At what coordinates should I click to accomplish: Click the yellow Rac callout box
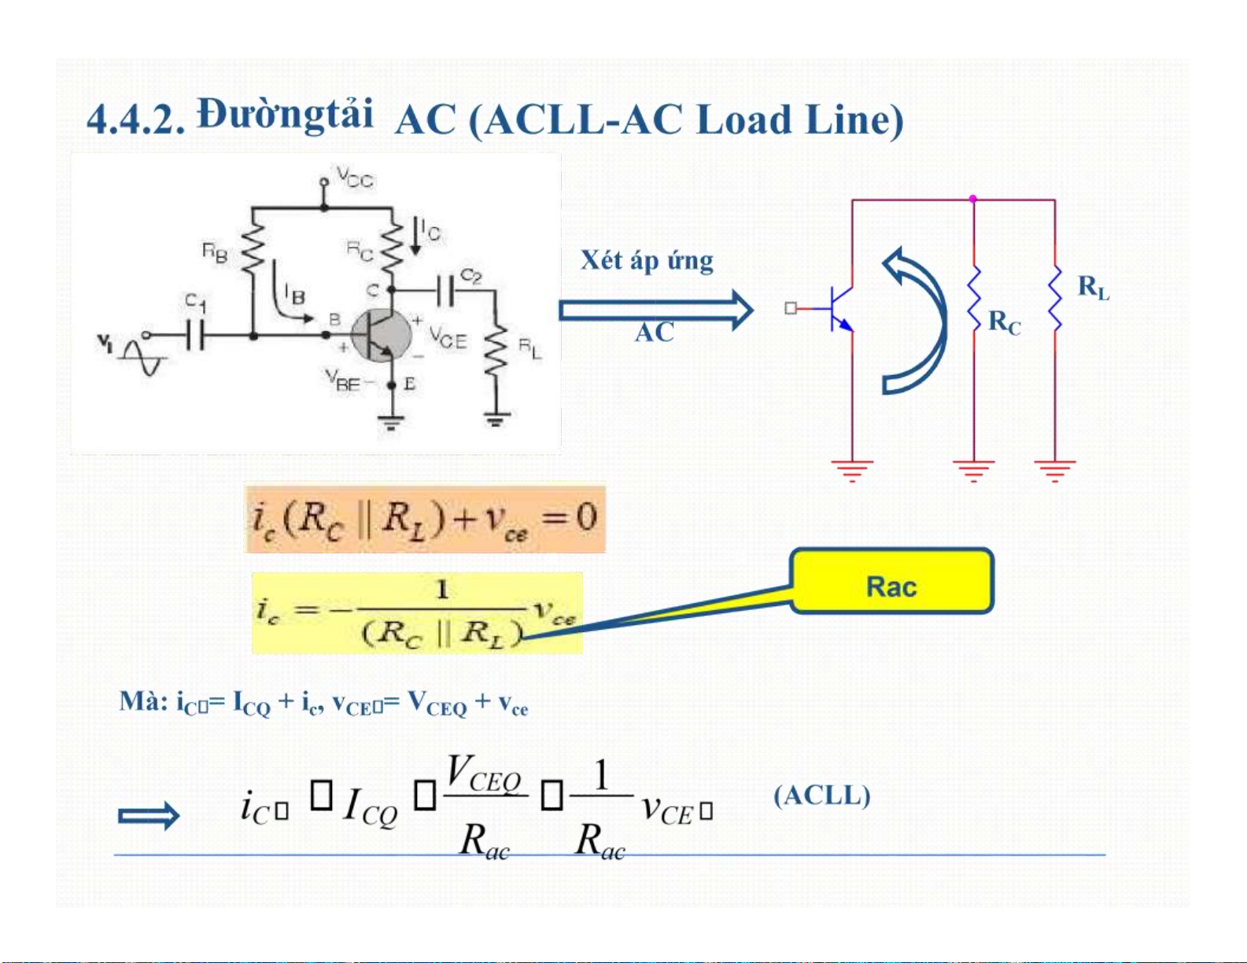(x=891, y=581)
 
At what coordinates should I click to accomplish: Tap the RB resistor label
(x=215, y=252)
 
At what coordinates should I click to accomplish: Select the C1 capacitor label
(x=195, y=301)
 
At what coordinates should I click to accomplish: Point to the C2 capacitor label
(x=471, y=276)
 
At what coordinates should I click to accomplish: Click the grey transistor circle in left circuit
(x=381, y=336)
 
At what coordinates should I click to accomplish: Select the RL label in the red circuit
(x=1093, y=287)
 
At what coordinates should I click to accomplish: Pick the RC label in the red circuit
(x=1004, y=322)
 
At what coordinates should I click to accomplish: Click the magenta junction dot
(x=973, y=199)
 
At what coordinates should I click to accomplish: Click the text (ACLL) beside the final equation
(x=822, y=796)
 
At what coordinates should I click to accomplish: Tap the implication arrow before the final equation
(x=148, y=816)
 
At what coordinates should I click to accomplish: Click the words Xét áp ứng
(x=647, y=260)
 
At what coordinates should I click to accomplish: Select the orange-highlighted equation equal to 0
(x=425, y=519)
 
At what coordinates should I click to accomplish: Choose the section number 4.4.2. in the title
(x=135, y=120)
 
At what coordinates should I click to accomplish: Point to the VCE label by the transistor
(x=448, y=339)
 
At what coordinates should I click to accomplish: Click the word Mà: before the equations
(x=143, y=700)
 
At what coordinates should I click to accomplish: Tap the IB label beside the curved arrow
(x=295, y=296)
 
